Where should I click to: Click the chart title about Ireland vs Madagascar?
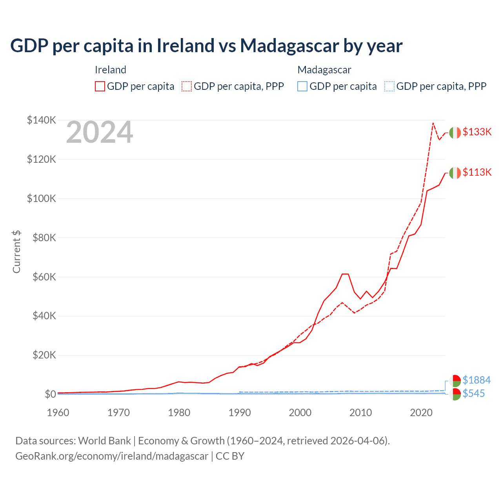pyautogui.click(x=206, y=45)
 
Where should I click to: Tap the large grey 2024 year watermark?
pyautogui.click(x=100, y=133)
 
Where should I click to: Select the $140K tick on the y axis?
pyautogui.click(x=42, y=120)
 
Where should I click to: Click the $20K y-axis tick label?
pyautogui.click(x=43, y=355)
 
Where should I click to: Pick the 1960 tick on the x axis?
pyautogui.click(x=58, y=413)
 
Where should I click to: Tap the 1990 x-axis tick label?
pyautogui.click(x=240, y=413)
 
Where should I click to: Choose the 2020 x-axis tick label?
pyautogui.click(x=421, y=413)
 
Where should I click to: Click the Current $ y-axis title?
pyautogui.click(x=16, y=251)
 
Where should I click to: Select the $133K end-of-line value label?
pyautogui.click(x=477, y=132)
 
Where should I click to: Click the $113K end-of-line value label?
pyautogui.click(x=477, y=172)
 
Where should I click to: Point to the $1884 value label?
pyautogui.click(x=477, y=380)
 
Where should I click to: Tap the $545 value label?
pyautogui.click(x=474, y=393)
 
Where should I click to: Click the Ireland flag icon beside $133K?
pyautogui.click(x=455, y=133)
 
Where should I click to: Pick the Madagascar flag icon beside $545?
pyautogui.click(x=455, y=394)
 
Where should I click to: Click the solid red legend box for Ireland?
pyautogui.click(x=100, y=86)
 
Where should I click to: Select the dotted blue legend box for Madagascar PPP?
pyautogui.click(x=389, y=86)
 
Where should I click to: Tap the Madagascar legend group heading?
pyautogui.click(x=324, y=70)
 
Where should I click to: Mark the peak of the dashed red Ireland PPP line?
pyautogui.click(x=433, y=123)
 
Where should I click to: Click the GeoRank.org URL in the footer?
pyautogui.click(x=112, y=456)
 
